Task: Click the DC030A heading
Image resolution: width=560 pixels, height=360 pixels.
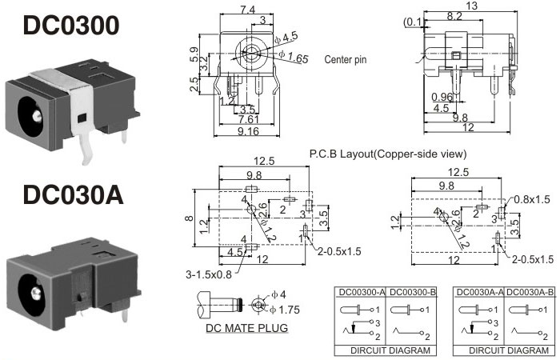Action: tap(73, 194)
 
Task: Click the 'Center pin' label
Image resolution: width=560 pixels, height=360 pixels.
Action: tap(346, 59)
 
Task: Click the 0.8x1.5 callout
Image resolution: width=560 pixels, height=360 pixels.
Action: tap(532, 199)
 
